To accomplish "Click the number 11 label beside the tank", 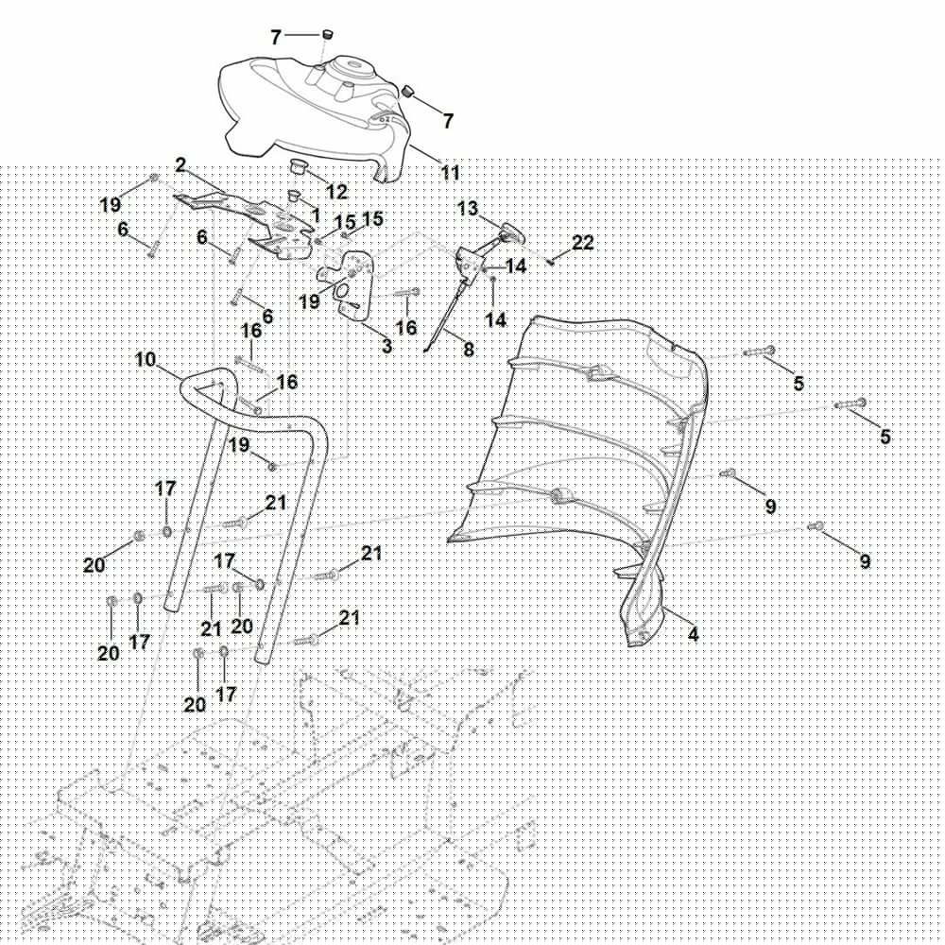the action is pyautogui.click(x=451, y=173).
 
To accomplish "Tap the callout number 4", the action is pyautogui.click(x=693, y=635).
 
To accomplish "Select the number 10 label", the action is pyautogui.click(x=146, y=360).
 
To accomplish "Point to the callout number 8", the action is pyautogui.click(x=469, y=350).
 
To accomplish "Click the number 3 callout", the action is pyautogui.click(x=387, y=346).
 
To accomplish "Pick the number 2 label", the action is pyautogui.click(x=180, y=165).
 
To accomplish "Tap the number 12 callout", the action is pyautogui.click(x=336, y=193).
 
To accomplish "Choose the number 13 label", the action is pyautogui.click(x=468, y=209).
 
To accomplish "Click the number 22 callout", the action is pyautogui.click(x=583, y=243).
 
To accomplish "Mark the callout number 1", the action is pyautogui.click(x=316, y=215).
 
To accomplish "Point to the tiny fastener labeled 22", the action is pyautogui.click(x=551, y=262).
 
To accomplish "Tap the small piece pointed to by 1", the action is pyautogui.click(x=294, y=197).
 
